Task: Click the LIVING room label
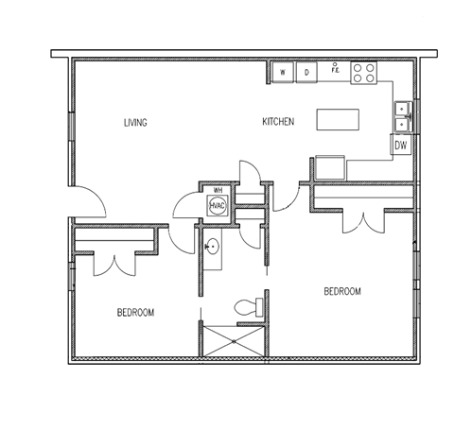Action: pyautogui.click(x=136, y=123)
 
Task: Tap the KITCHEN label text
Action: pyautogui.click(x=279, y=123)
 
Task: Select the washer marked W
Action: pyautogui.click(x=283, y=72)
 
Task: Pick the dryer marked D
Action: pyautogui.click(x=306, y=72)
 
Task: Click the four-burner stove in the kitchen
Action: pyautogui.click(x=364, y=73)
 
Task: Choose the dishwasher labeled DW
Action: pyautogui.click(x=401, y=146)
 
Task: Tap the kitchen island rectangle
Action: pyautogui.click(x=338, y=119)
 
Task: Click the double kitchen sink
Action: pyautogui.click(x=402, y=114)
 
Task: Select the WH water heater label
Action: pyautogui.click(x=218, y=189)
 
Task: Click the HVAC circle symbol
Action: pyautogui.click(x=217, y=203)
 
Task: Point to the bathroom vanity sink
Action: pyautogui.click(x=213, y=248)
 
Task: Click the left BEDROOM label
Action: pyautogui.click(x=136, y=312)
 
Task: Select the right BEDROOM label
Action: pyautogui.click(x=342, y=292)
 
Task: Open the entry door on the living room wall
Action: pyautogui.click(x=90, y=200)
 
